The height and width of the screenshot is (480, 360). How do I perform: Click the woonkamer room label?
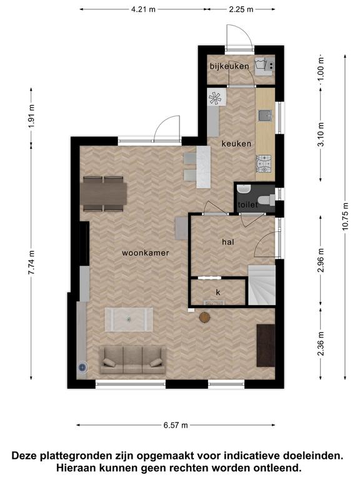pyautogui.click(x=146, y=253)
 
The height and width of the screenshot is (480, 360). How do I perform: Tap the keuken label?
pyautogui.click(x=236, y=144)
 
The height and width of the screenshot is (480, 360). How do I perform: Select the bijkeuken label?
pyautogui.click(x=229, y=66)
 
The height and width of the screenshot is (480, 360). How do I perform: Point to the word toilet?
pyautogui.click(x=247, y=204)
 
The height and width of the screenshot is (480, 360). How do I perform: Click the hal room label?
pyautogui.click(x=228, y=242)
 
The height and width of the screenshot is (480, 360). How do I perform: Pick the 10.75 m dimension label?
pyautogui.click(x=346, y=216)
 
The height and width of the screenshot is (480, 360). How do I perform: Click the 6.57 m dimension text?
pyautogui.click(x=176, y=425)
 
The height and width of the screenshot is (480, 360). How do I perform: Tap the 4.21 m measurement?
pyautogui.click(x=143, y=9)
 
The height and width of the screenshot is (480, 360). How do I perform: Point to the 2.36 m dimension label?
pyautogui.click(x=321, y=344)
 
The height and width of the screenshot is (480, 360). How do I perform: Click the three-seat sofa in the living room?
pyautogui.click(x=132, y=360)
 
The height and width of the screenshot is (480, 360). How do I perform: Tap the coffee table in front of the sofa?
pyautogui.click(x=129, y=319)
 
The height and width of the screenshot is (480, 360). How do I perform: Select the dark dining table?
pyautogui.click(x=104, y=194)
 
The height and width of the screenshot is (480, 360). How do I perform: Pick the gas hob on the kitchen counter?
pyautogui.click(x=264, y=164)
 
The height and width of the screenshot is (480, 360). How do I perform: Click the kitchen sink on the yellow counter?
pyautogui.click(x=265, y=116)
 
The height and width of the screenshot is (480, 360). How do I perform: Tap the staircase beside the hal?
pyautogui.click(x=261, y=285)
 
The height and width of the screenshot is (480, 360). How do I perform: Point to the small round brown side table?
pyautogui.click(x=204, y=317)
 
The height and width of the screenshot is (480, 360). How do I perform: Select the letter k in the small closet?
pyautogui.click(x=218, y=292)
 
